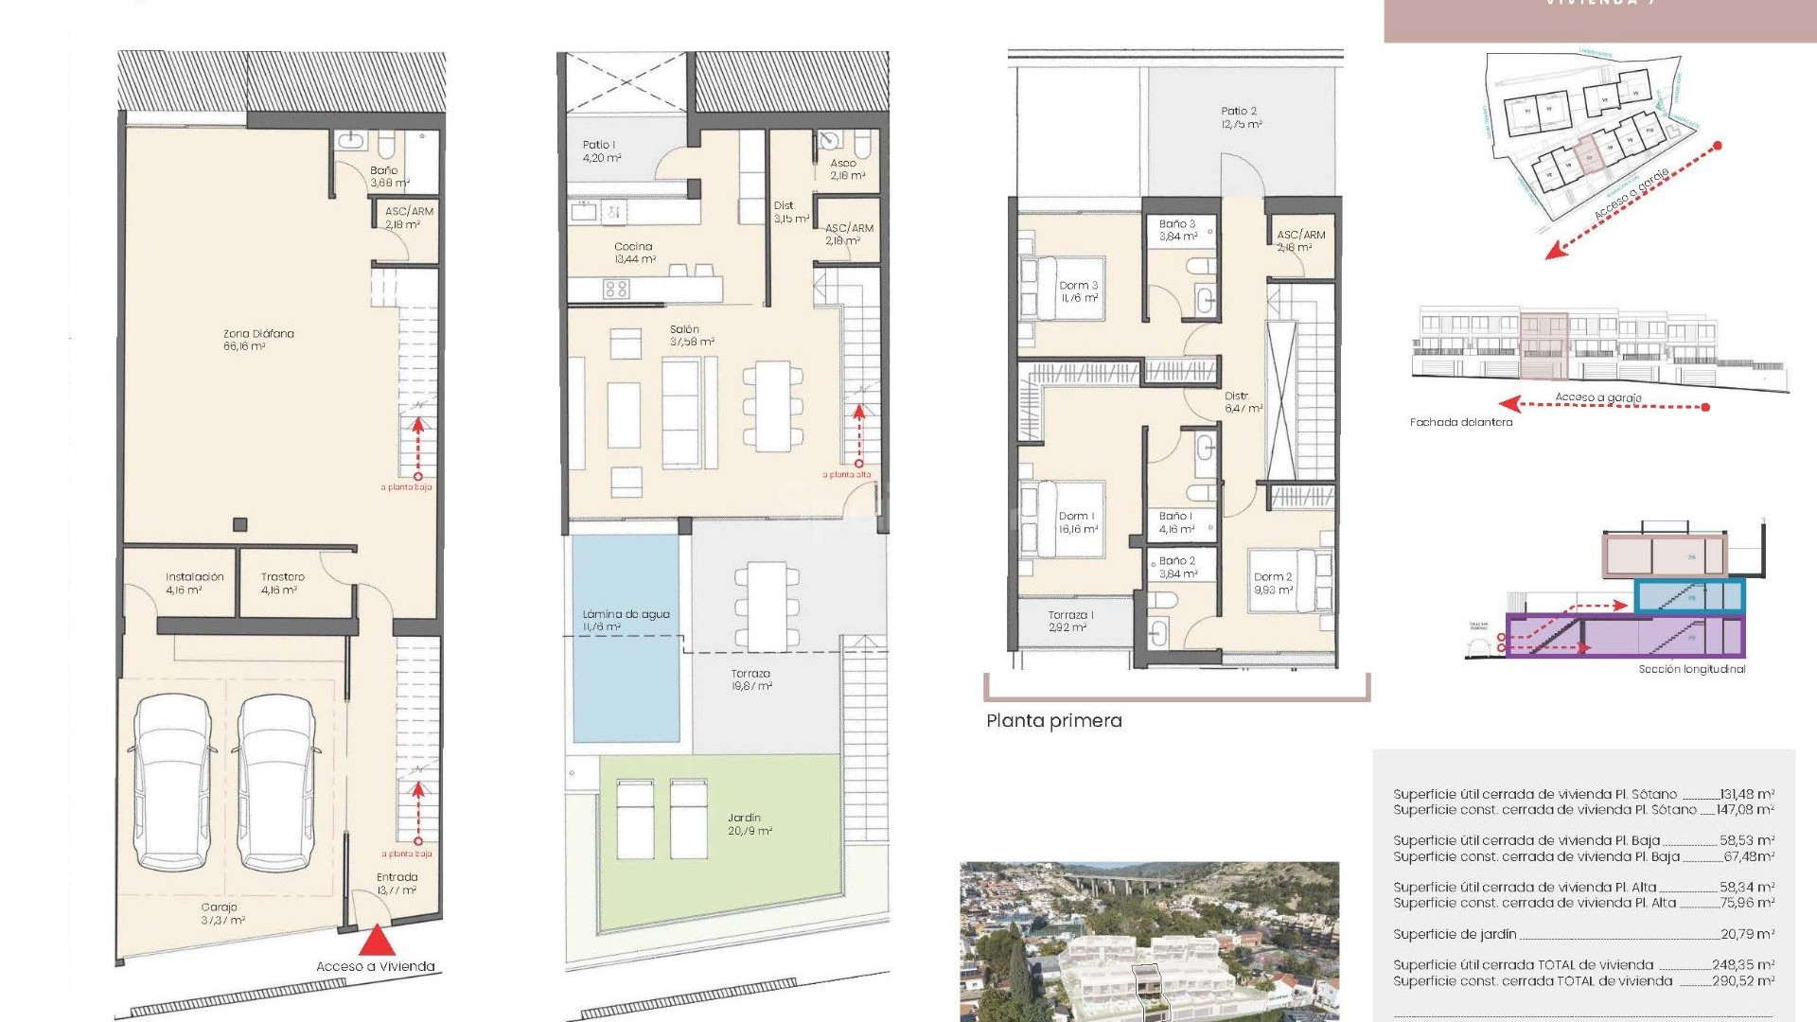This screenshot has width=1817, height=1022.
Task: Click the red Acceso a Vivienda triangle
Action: click(377, 941)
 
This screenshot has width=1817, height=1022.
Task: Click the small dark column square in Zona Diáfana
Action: click(240, 524)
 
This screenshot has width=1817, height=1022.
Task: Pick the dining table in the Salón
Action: click(772, 406)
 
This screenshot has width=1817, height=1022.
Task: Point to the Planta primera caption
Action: click(1053, 721)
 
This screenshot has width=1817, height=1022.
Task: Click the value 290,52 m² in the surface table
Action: click(1742, 981)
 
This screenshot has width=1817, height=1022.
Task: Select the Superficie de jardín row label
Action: click(1454, 934)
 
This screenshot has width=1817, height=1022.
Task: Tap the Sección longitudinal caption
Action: click(1691, 669)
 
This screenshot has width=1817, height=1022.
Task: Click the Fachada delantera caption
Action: click(1460, 422)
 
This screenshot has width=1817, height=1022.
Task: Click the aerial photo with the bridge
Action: click(1149, 941)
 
